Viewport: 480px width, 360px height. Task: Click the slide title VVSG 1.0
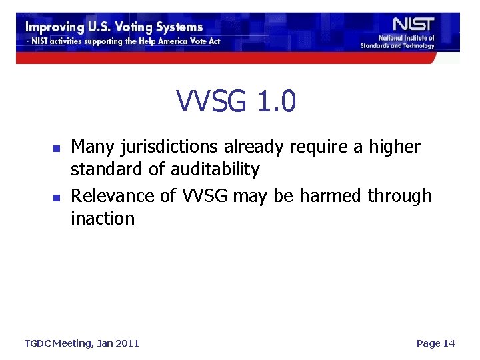click(x=237, y=101)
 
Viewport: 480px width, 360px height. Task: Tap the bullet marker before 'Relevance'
click(x=57, y=197)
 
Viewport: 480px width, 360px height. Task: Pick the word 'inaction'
click(x=103, y=218)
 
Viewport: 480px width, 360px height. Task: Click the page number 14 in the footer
click(x=449, y=343)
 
